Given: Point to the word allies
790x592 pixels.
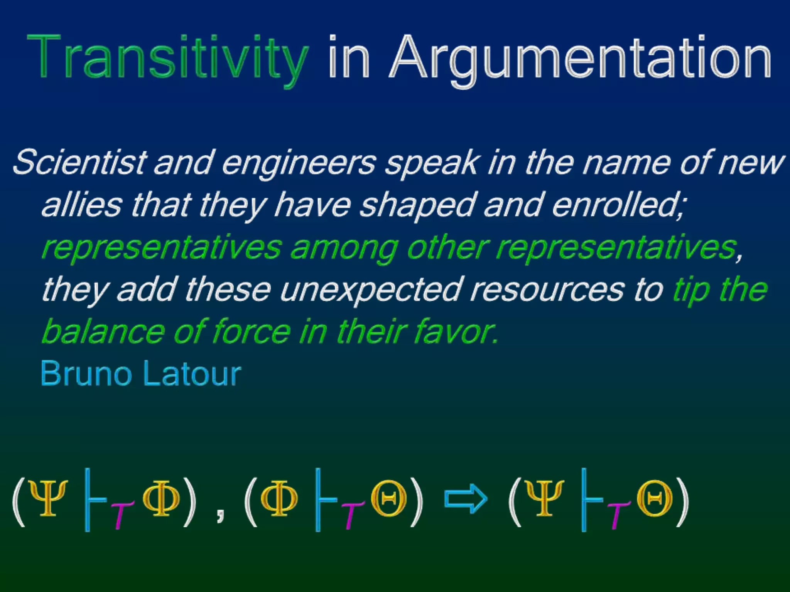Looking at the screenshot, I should pos(81,204).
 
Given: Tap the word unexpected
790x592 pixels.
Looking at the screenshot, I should pos(370,290).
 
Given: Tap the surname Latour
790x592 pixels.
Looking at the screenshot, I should pos(192,373).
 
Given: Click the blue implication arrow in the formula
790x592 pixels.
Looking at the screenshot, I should pos(466,499).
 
